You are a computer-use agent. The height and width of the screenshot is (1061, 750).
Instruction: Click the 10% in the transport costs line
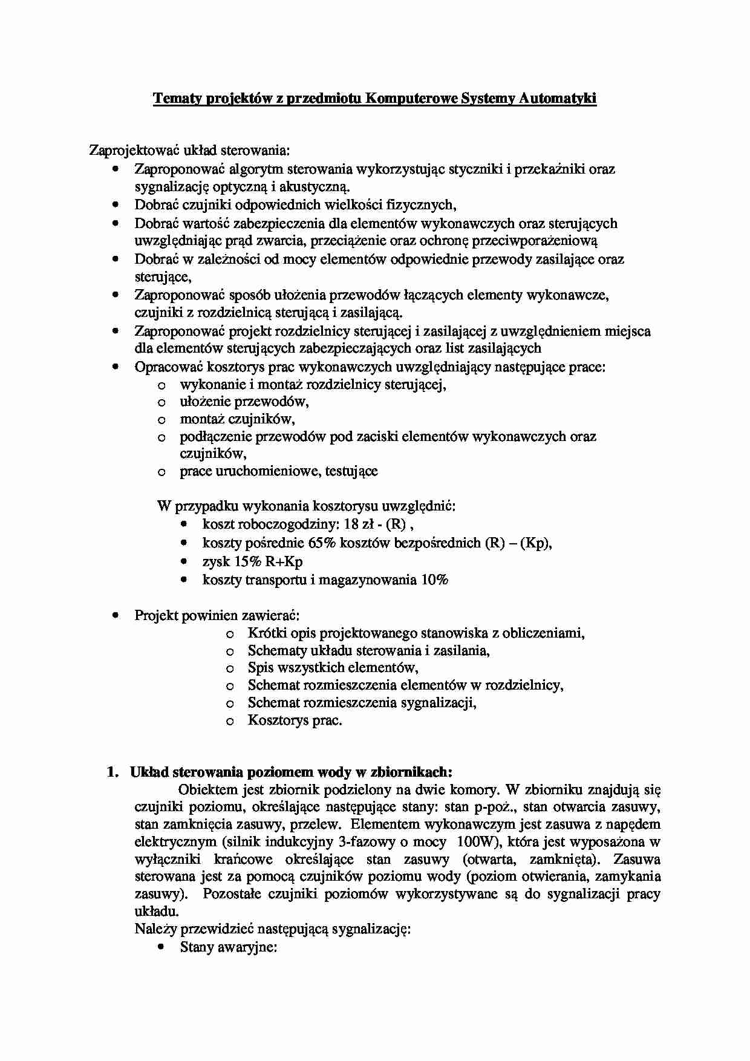click(x=435, y=579)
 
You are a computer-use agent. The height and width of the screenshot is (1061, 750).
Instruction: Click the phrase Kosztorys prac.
click(x=295, y=720)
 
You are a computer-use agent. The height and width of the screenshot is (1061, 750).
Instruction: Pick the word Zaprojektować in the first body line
click(x=128, y=150)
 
